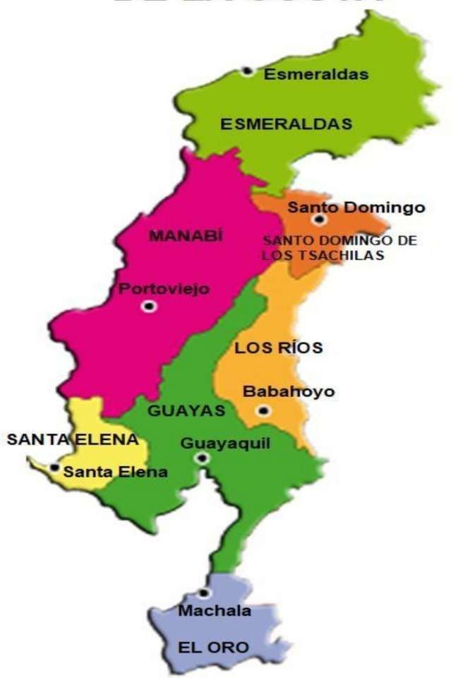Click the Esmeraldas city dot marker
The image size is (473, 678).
click(x=247, y=71)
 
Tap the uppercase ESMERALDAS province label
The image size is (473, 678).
click(x=286, y=124)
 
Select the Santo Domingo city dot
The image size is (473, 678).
click(x=319, y=220)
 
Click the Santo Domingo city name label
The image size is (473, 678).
click(x=357, y=207)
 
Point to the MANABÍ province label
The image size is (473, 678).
click(x=186, y=237)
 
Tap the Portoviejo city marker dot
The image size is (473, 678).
click(x=148, y=306)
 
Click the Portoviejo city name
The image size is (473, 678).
click(x=164, y=289)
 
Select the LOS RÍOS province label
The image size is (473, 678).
click(x=278, y=347)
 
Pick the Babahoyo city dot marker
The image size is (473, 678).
click(x=263, y=410)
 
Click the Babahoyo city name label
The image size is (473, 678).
click(x=288, y=392)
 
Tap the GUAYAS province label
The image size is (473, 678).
click(x=186, y=410)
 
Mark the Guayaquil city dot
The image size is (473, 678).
click(x=203, y=458)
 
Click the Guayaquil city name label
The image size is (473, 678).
click(x=225, y=443)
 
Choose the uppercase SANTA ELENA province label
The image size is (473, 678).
click(x=72, y=439)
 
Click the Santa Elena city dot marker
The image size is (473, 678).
click(x=55, y=467)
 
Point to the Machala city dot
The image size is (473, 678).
click(x=204, y=593)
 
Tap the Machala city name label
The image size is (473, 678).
click(x=214, y=611)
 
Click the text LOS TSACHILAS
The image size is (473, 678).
click(x=323, y=256)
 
